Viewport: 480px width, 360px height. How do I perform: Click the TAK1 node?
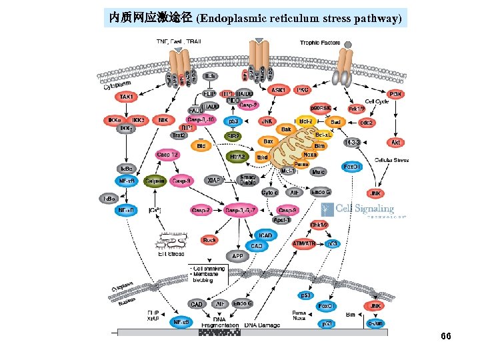[x=127, y=97]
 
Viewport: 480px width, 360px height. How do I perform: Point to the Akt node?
[x=395, y=142]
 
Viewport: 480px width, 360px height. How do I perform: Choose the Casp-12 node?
[x=167, y=155]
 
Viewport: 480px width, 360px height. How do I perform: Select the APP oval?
[x=237, y=255]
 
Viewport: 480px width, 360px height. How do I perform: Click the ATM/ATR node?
[x=304, y=244]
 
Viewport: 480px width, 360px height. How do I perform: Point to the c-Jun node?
[x=375, y=323]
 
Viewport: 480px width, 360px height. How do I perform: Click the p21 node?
[x=327, y=323]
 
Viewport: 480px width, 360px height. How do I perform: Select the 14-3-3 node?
[x=352, y=142]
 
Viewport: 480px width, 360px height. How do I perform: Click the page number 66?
[x=446, y=336]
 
